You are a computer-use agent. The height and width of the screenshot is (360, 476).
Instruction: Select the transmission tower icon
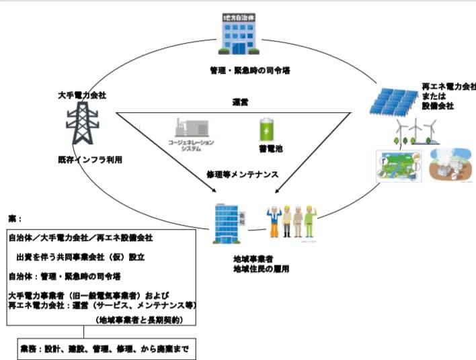(x=81, y=128)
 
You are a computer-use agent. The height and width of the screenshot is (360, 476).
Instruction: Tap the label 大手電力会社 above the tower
(x=81, y=95)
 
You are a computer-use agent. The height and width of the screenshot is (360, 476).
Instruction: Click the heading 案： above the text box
(x=15, y=218)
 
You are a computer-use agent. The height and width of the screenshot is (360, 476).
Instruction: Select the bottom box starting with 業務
(x=108, y=350)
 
